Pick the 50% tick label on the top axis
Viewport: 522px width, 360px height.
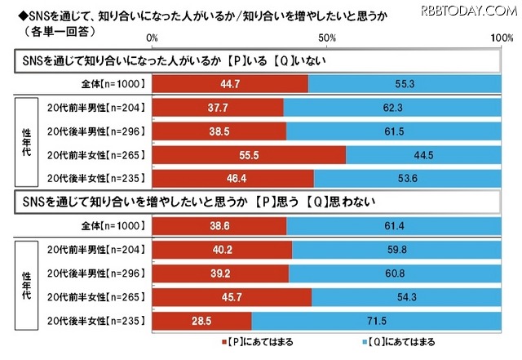click(327, 38)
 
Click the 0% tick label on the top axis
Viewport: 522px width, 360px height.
click(153, 38)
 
